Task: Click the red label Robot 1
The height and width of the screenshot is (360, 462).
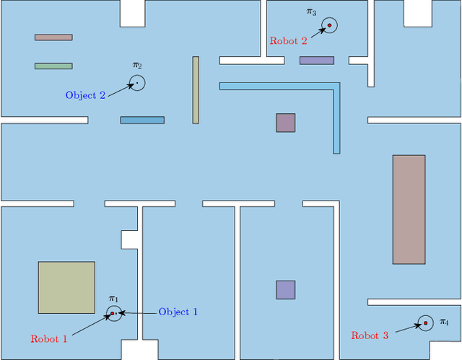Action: [x=49, y=338]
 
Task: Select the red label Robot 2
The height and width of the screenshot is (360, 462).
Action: [x=288, y=41]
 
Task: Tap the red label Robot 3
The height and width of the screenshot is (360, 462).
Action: [x=370, y=335]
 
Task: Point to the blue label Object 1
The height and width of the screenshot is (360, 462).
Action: [x=178, y=312]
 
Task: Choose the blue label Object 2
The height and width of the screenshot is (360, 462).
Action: [x=85, y=95]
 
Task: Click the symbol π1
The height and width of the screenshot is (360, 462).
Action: [x=113, y=299]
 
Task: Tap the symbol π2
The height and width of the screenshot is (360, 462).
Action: [x=137, y=66]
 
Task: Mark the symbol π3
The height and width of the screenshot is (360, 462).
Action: [x=311, y=12]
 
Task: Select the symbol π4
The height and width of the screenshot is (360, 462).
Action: [x=444, y=322]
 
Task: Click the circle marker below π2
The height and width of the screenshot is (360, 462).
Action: [x=137, y=83]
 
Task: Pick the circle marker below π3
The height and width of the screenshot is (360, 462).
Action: [x=329, y=26]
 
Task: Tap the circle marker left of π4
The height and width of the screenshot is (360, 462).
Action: [x=425, y=322]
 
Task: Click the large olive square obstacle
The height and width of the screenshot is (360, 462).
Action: [x=66, y=287]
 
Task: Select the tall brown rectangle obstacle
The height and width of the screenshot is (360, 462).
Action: [x=409, y=209]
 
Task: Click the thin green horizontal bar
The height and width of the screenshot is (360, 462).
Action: [x=53, y=66]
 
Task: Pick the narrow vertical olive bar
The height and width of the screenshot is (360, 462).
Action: [x=196, y=90]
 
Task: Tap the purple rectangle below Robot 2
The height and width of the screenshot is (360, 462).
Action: [x=317, y=61]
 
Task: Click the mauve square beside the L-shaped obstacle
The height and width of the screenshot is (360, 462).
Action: [x=285, y=123]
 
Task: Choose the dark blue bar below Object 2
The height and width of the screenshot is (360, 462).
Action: [x=142, y=120]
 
